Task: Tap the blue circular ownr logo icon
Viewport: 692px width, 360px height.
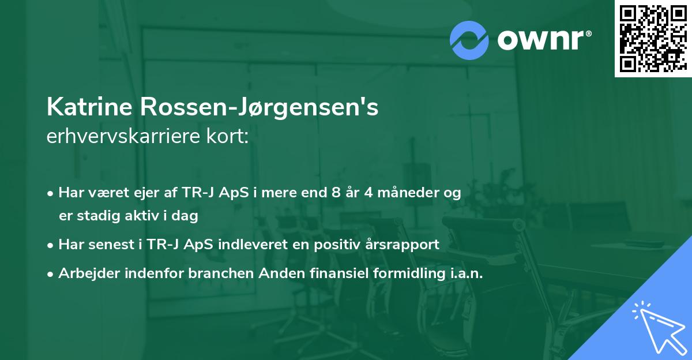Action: (x=470, y=40)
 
